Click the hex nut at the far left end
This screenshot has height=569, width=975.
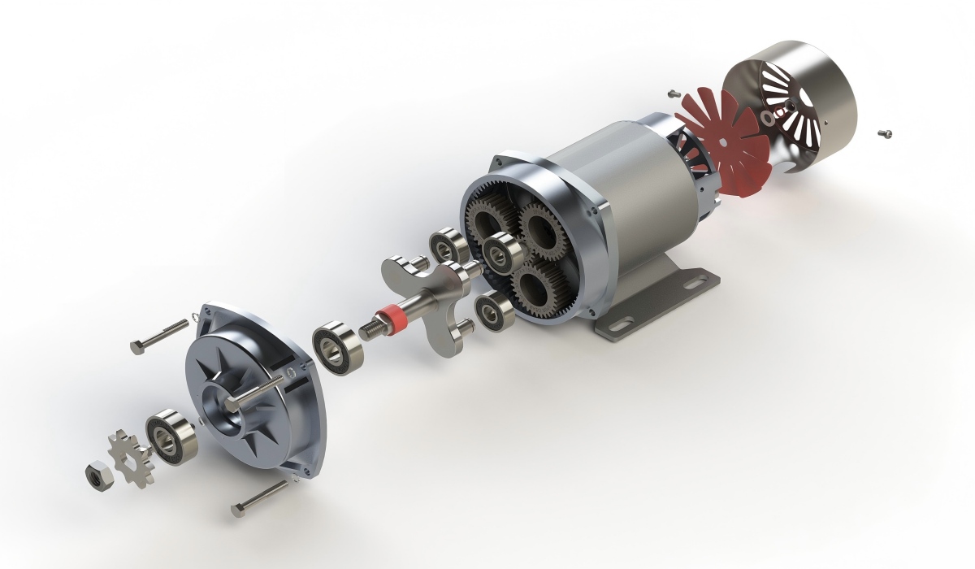pos(97,473)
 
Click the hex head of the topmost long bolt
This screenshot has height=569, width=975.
pos(136,347)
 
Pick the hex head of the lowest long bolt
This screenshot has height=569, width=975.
pos(237,510)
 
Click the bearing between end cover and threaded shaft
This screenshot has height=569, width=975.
pos(336,348)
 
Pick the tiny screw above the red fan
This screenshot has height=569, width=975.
pos(673,93)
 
